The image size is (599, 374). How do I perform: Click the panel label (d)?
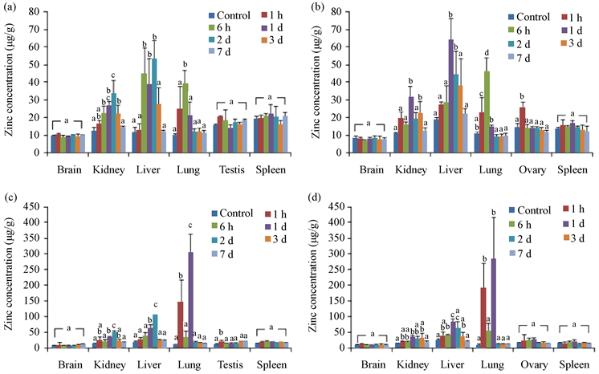pos(314,193)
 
